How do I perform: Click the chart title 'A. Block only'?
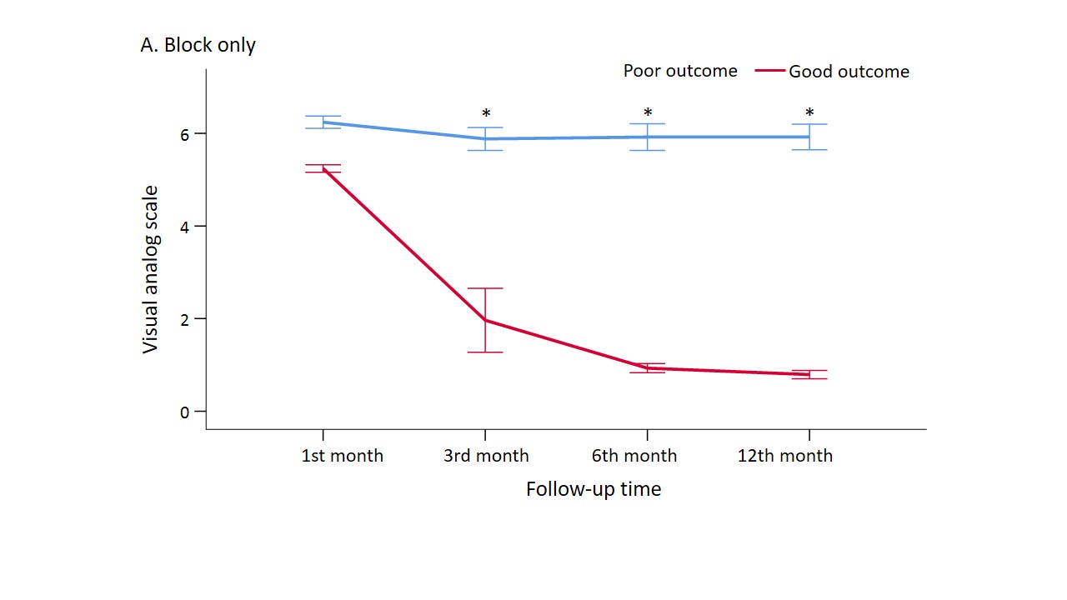tap(198, 45)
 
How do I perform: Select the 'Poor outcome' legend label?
tap(680, 71)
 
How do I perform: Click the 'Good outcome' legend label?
tap(849, 72)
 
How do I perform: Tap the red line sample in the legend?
tap(770, 72)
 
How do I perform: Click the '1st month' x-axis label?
tap(343, 456)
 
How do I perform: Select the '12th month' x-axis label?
tap(785, 456)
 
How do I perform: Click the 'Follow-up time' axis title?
tap(594, 489)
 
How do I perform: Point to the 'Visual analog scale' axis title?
tap(150, 269)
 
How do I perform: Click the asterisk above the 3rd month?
tap(486, 114)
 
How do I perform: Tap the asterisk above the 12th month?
tap(809, 113)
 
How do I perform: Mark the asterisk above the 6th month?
tap(648, 113)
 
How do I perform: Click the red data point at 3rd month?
tap(485, 320)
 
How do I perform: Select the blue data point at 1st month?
tap(323, 122)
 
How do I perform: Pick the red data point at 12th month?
tap(809, 374)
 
